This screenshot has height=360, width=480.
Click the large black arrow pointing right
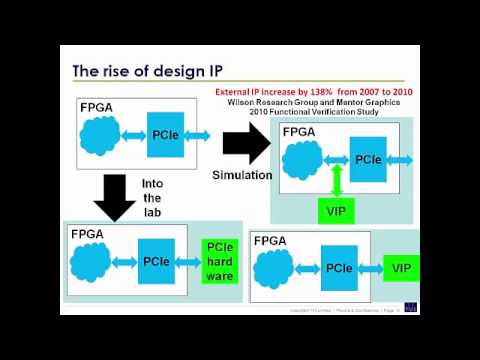pyautogui.click(x=244, y=147)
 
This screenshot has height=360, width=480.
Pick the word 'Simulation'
pyautogui.click(x=242, y=175)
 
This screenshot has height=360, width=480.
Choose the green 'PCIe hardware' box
pyautogui.click(x=219, y=261)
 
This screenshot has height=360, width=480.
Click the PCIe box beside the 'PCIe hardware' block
pyautogui.click(x=155, y=261)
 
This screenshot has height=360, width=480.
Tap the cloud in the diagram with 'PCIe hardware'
pyautogui.click(x=93, y=262)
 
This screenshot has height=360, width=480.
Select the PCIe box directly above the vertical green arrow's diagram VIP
pyautogui.click(x=367, y=159)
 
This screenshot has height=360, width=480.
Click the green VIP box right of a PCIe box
pyautogui.click(x=401, y=268)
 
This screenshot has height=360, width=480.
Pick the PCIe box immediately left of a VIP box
pyautogui.click(x=339, y=268)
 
